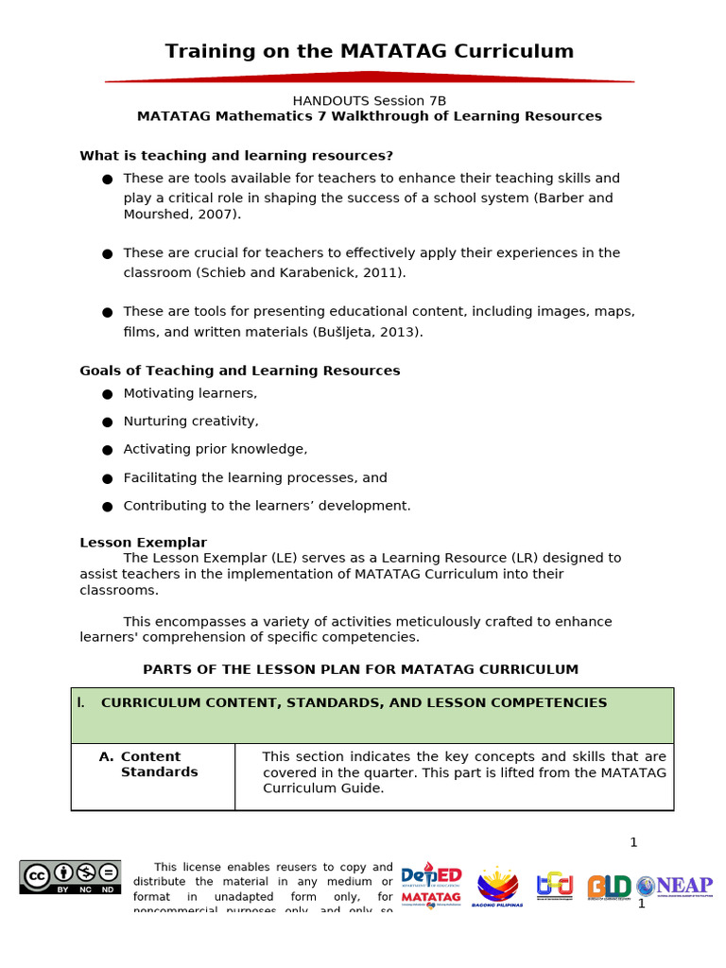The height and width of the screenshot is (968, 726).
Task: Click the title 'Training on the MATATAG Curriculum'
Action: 369,51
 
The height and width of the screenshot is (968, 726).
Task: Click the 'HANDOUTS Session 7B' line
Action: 369,100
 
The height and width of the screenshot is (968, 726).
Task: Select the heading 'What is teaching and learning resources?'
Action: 236,155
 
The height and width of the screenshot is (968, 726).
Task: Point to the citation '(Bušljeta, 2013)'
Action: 367,332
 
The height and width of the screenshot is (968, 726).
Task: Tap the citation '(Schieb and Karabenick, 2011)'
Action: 301,272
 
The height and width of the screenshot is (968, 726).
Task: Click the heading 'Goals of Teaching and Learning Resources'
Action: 239,371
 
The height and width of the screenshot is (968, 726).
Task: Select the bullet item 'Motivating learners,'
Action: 190,393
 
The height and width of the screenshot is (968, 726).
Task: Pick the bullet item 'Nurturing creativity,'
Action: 190,422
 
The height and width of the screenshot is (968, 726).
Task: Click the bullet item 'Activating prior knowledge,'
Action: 215,449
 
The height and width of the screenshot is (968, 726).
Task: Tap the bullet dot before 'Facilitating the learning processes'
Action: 107,478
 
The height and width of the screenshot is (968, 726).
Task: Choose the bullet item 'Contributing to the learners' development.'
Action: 267,506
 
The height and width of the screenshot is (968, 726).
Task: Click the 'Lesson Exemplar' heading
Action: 143,543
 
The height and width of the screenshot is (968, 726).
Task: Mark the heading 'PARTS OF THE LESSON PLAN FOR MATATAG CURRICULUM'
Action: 360,669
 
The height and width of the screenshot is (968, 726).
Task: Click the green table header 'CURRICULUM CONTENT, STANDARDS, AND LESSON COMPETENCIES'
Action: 354,703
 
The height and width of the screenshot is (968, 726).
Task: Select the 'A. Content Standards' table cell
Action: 152,764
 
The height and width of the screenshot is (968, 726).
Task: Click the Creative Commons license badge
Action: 70,877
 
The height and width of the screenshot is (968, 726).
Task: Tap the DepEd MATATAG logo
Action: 431,886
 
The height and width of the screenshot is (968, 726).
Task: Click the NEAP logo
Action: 674,886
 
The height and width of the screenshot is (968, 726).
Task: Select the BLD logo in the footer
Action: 609,887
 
